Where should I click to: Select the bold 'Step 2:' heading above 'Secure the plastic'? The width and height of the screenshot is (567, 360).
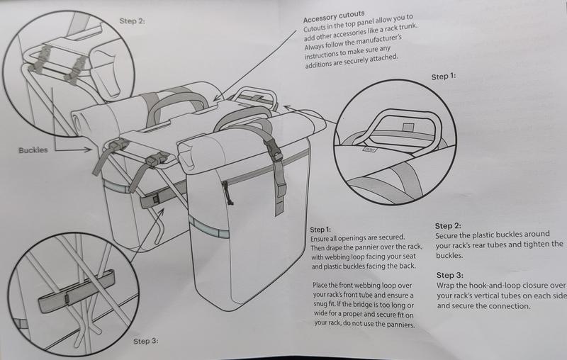[448, 226]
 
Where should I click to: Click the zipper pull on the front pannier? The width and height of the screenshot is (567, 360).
[225, 189]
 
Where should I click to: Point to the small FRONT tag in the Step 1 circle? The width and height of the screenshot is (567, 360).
[369, 149]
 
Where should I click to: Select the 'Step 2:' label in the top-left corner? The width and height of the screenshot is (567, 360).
[133, 21]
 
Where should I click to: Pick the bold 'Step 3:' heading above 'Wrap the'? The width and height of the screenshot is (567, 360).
[451, 275]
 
